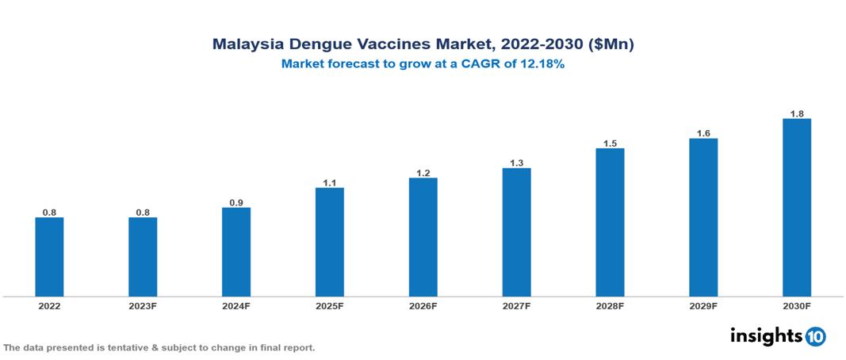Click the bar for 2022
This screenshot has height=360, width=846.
coord(49,257)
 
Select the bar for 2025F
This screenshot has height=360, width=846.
coord(329,242)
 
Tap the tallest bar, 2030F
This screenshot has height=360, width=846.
coord(796,208)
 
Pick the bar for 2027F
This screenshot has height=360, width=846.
coord(516,232)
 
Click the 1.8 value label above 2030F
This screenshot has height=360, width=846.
coord(796,113)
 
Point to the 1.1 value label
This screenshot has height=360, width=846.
coord(329,182)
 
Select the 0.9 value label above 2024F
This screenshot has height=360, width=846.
coord(236,202)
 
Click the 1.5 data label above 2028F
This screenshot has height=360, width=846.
coord(610,143)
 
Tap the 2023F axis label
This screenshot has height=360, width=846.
coord(143,305)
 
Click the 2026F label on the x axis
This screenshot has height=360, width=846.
coord(423,305)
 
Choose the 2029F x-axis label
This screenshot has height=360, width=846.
coord(702,305)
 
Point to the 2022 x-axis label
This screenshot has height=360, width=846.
coord(49,305)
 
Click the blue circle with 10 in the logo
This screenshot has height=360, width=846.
coord(816,336)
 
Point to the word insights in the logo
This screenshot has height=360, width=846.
coord(765,335)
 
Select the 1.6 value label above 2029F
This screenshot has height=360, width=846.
coord(702,133)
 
